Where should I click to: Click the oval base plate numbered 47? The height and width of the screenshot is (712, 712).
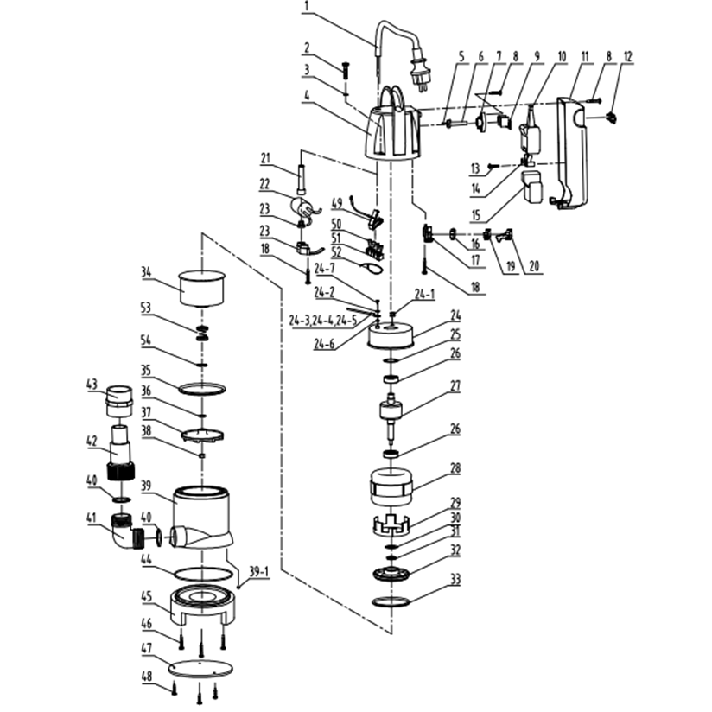(x=200, y=671)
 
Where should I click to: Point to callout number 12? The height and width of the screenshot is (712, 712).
(x=627, y=57)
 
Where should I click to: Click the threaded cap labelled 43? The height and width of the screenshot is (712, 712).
(x=116, y=399)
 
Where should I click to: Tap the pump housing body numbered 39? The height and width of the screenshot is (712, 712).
(x=202, y=518)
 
